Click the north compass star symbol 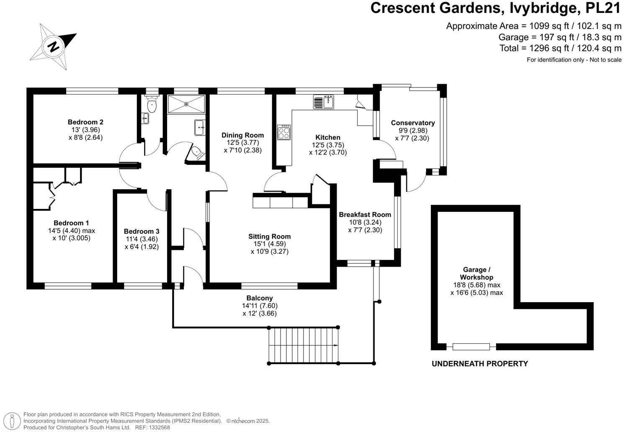click(x=53, y=46)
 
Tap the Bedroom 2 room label click(x=85, y=122)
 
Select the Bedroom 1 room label click(x=71, y=223)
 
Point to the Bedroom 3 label click(x=142, y=231)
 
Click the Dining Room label click(x=242, y=135)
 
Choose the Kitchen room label click(x=328, y=137)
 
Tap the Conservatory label click(x=412, y=123)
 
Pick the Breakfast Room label click(x=365, y=215)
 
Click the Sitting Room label click(x=269, y=237)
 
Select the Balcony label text click(x=260, y=298)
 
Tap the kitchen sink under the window click(x=323, y=102)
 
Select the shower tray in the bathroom click(x=186, y=104)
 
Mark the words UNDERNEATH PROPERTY click(x=480, y=364)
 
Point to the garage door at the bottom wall click(x=471, y=347)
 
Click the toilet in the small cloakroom click(x=152, y=105)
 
